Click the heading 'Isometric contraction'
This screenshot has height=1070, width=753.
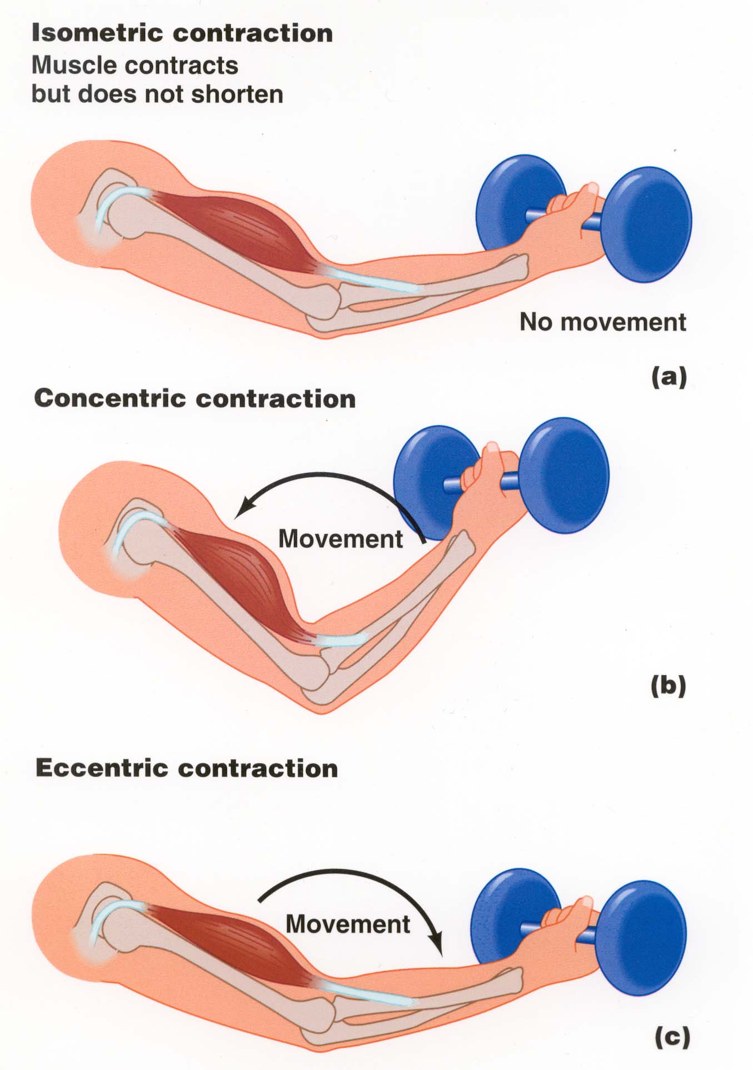point(182,33)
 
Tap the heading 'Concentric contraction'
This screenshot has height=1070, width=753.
point(195,399)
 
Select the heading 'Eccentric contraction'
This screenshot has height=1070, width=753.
point(187,768)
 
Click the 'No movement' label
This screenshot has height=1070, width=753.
point(602,322)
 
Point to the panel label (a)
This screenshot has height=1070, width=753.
point(669,377)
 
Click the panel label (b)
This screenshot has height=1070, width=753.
point(668,686)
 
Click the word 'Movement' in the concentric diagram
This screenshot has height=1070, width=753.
point(340,539)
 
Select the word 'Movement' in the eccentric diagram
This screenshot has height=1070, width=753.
point(348,924)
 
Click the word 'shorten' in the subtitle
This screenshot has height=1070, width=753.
point(237,94)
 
